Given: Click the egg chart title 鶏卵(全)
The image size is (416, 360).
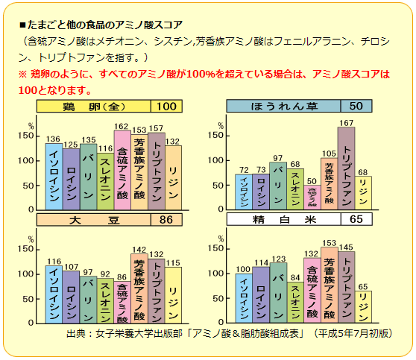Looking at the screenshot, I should (95, 106).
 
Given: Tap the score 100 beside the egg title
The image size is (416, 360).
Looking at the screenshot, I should (166, 106).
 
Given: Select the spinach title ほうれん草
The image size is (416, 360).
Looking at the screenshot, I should (283, 107).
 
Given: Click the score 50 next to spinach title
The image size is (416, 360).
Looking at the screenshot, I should (356, 107).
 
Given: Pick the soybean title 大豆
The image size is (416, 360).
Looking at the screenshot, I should (95, 221).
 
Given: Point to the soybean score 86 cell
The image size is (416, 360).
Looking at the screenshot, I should (166, 221).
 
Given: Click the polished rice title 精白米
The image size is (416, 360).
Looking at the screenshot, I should (283, 221).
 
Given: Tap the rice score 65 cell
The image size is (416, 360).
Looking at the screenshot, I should (356, 221).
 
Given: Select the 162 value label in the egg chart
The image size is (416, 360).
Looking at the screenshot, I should (122, 126).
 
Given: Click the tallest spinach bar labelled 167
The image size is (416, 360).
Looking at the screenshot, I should (347, 168).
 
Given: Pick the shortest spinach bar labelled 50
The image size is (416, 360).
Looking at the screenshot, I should (312, 198).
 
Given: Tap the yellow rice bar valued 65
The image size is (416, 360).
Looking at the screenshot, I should (364, 309).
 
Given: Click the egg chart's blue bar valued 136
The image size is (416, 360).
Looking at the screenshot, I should (54, 175).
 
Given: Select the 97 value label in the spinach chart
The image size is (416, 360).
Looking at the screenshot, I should (278, 157).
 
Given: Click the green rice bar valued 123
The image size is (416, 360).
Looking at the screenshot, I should (278, 294).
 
